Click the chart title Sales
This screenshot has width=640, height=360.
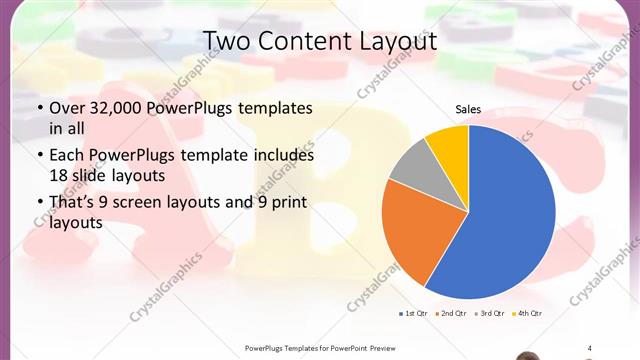pos(468,108)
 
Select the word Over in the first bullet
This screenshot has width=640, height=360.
pos(66,108)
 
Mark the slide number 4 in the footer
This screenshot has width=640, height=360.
pos(589,348)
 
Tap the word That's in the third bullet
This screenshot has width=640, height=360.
pos(73,204)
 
